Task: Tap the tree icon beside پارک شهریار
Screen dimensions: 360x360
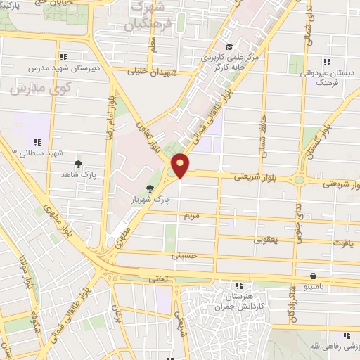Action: (x=150, y=187)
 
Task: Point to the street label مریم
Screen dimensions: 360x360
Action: (x=191, y=215)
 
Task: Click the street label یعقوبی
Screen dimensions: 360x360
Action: (x=266, y=240)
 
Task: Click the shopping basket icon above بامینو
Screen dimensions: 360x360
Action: (x=312, y=276)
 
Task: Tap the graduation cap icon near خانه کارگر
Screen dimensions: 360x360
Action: (x=230, y=46)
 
